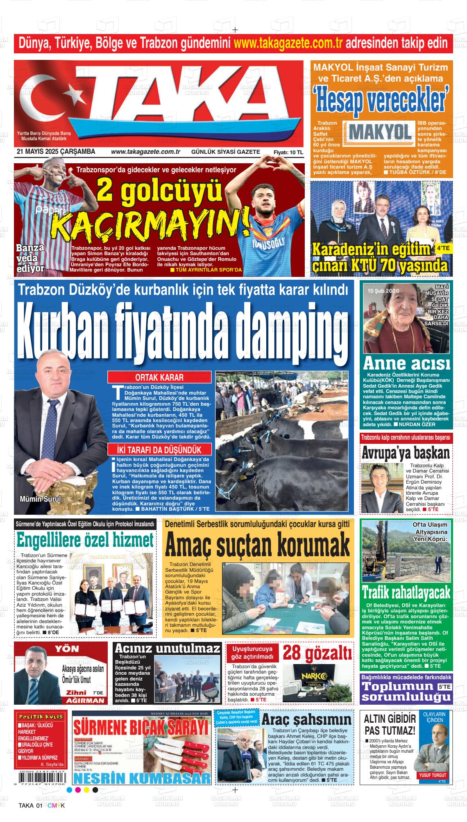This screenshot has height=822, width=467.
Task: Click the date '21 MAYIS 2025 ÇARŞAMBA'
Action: (x=56, y=152)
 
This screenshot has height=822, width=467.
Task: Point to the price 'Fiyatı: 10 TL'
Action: (x=288, y=152)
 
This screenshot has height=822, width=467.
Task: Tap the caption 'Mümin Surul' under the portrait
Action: (x=40, y=499)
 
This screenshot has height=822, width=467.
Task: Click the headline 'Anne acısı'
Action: (x=406, y=363)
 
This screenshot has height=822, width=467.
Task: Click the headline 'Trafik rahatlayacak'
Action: (x=406, y=592)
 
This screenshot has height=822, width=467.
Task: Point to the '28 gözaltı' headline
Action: (x=317, y=664)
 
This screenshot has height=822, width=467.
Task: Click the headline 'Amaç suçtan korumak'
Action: (x=258, y=545)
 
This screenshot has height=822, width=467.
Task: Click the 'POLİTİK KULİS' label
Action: (x=40, y=716)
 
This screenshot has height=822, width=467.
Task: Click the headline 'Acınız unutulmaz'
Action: (x=168, y=660)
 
